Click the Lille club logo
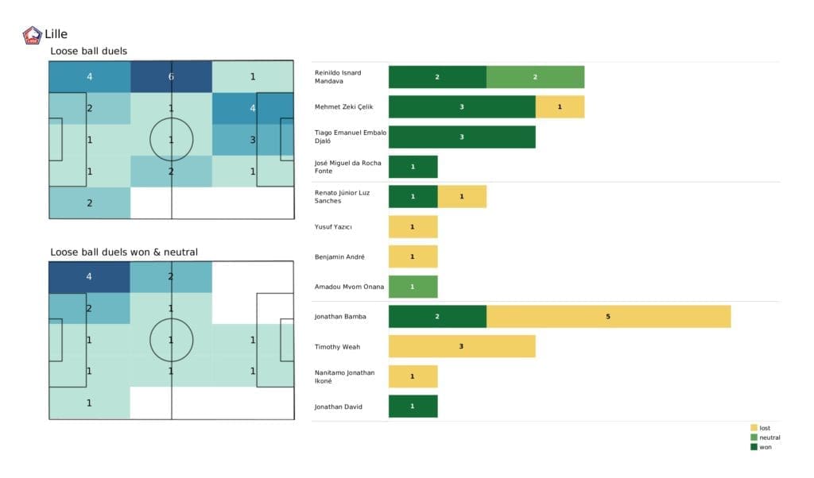click(33, 35)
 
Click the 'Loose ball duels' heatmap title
click(88, 52)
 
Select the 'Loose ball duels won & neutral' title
click(124, 252)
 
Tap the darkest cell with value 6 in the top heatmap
click(171, 77)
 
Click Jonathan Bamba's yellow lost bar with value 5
click(608, 316)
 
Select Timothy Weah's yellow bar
click(461, 346)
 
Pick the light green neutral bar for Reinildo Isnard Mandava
click(535, 77)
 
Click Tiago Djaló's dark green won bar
click(461, 137)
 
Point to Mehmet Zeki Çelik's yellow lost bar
click(560, 106)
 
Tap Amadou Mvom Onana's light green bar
click(413, 287)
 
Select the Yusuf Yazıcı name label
click(334, 227)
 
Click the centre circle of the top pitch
click(171, 140)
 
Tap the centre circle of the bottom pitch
click(171, 340)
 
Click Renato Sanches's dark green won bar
click(413, 197)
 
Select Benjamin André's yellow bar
click(413, 256)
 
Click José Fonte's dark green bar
click(413, 167)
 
